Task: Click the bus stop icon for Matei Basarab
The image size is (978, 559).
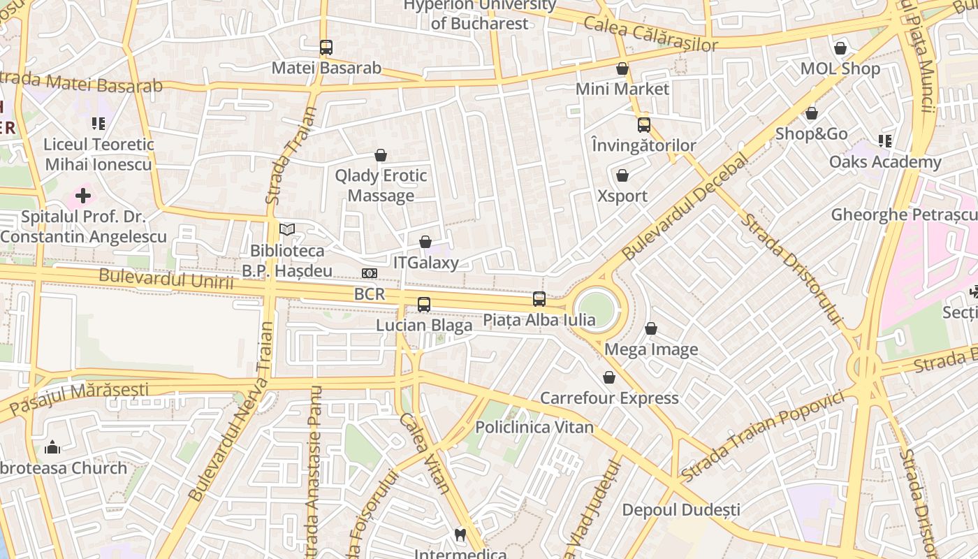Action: pos(326,48)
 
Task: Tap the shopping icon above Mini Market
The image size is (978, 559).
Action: pos(622,68)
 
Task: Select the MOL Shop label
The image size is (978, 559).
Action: pos(840,68)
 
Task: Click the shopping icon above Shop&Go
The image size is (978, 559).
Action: pos(812,113)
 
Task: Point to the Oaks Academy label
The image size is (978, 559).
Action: pos(885,162)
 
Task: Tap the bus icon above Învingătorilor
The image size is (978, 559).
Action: pos(644,125)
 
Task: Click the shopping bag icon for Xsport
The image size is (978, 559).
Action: pos(622,175)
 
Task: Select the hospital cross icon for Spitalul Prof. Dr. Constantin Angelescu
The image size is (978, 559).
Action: pos(83,196)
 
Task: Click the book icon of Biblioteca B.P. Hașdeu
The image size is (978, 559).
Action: pos(287,229)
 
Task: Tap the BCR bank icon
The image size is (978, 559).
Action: pos(370,273)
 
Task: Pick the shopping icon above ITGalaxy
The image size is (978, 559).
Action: pos(425,242)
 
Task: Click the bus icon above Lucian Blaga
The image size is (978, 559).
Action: pos(424,305)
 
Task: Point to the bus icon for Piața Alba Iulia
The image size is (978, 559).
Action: pos(539,299)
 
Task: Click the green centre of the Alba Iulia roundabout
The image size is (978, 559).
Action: pos(598,308)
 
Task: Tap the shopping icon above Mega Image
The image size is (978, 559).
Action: pos(651,328)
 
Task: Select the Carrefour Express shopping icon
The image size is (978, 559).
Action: pos(609,377)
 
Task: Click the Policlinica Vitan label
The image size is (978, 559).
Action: pos(534,427)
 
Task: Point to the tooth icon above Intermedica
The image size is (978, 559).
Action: pos(460,535)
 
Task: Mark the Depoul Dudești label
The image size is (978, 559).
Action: pos(681,510)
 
